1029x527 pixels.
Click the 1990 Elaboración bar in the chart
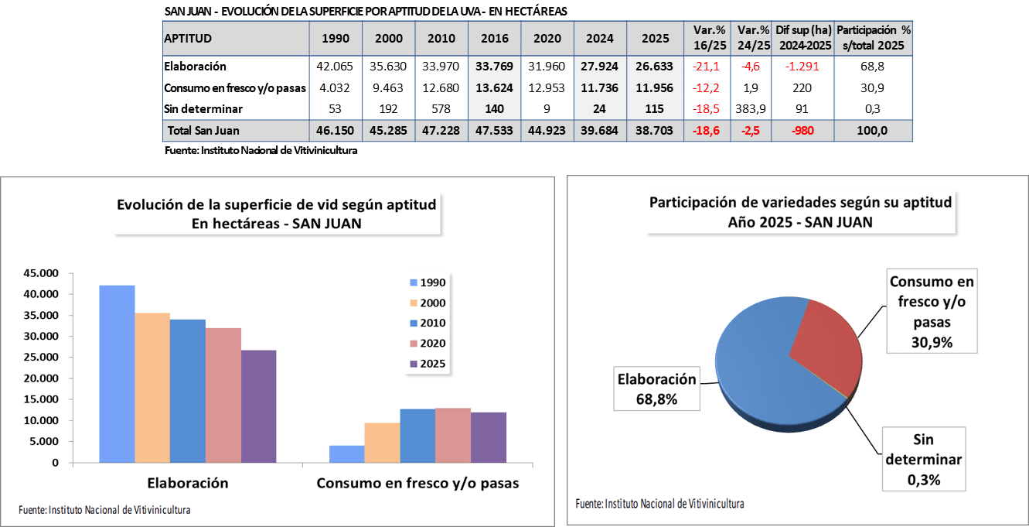click(117, 374)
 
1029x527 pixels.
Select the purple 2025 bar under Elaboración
click(258, 406)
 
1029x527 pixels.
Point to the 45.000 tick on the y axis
click(43, 273)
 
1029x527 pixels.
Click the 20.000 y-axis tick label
click(43, 378)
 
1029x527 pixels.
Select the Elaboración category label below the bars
click(188, 483)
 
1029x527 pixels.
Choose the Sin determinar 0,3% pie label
click(924, 460)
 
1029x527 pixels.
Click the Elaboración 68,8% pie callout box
click(656, 389)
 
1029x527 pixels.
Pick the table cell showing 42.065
click(335, 67)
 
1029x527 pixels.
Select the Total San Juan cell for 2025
click(652, 131)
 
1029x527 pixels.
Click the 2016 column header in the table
click(494, 38)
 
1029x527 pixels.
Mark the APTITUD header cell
click(235, 38)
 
